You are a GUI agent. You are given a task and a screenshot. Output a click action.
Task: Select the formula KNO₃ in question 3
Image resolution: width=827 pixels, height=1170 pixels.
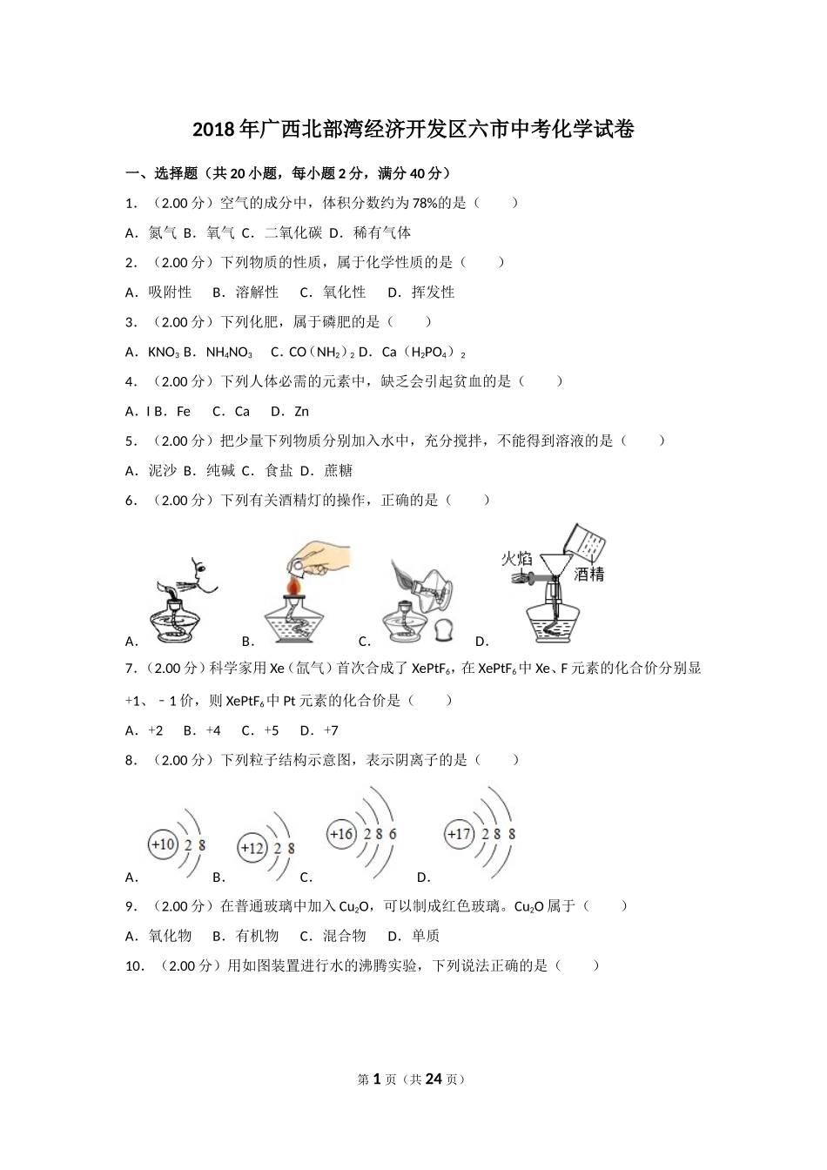point(164,353)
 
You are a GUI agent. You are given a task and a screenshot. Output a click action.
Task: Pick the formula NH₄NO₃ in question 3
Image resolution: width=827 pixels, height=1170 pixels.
point(229,353)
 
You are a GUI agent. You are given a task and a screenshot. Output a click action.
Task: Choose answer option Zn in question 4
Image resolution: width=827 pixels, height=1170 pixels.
point(301,412)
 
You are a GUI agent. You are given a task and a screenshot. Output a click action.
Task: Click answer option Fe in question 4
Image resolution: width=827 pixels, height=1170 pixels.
point(184,412)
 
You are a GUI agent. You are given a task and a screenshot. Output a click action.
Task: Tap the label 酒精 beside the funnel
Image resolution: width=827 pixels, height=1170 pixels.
point(589,575)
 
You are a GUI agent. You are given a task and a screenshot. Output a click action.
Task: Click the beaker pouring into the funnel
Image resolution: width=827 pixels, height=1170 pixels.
point(583,544)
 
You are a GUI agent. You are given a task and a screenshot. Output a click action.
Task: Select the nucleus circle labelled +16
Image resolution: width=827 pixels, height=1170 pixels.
point(341,834)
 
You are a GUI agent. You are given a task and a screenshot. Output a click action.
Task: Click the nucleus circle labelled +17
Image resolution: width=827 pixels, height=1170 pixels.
point(459,834)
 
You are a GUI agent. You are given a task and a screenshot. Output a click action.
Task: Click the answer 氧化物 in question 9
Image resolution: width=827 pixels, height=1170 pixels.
point(170,937)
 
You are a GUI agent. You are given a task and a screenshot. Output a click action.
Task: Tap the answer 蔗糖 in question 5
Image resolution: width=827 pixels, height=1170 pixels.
point(339,471)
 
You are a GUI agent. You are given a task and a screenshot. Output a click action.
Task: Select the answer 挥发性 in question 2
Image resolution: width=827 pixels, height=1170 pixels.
point(434,292)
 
